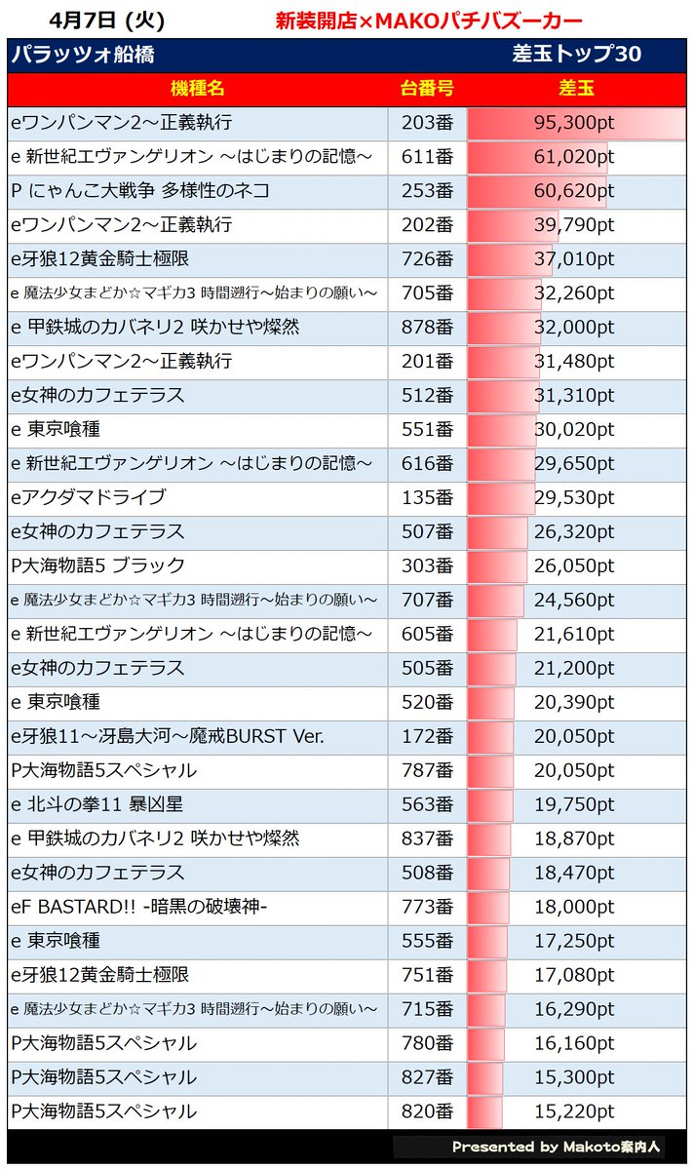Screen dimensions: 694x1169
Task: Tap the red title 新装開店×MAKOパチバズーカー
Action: [x=430, y=20]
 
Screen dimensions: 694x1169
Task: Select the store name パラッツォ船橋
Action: [x=83, y=55]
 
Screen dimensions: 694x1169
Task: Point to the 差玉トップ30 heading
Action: [x=576, y=54]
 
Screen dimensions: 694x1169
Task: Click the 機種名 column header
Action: [x=198, y=89]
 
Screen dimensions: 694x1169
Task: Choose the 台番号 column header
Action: [x=427, y=89]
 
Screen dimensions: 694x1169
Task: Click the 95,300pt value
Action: [x=574, y=122]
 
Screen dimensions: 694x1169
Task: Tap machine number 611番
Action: [x=427, y=157]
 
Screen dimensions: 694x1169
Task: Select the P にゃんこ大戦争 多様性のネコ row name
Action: [x=140, y=191]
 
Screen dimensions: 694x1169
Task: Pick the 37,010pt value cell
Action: [x=574, y=258]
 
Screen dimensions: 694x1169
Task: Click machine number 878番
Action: [x=427, y=328]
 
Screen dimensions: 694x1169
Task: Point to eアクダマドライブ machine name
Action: [x=88, y=497]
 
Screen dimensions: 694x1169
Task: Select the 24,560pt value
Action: [x=574, y=601]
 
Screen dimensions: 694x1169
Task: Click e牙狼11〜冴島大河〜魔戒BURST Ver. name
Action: [x=167, y=736]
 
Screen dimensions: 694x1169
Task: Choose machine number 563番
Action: [x=427, y=804]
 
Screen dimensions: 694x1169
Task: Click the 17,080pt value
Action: [x=574, y=975]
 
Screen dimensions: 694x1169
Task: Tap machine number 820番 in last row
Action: [x=427, y=1111]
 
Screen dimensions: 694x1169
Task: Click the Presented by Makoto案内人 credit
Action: [x=556, y=1147]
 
